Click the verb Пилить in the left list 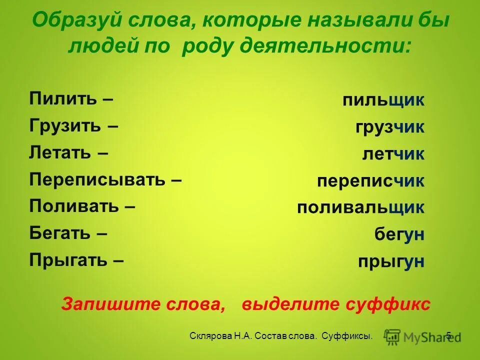click(x=62, y=98)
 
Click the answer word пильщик click(x=383, y=100)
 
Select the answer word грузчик click(x=390, y=127)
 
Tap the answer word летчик click(x=393, y=154)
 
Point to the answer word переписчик click(x=370, y=181)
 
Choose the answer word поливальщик click(x=360, y=207)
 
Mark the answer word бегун click(x=399, y=234)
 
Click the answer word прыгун click(x=391, y=261)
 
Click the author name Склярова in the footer click(x=210, y=336)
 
